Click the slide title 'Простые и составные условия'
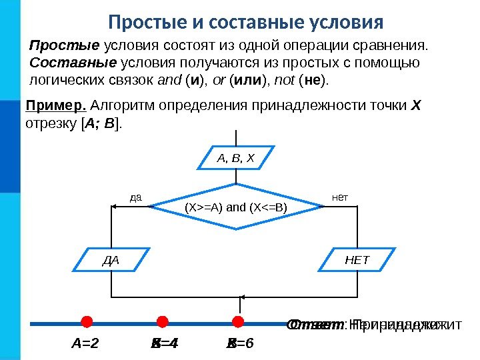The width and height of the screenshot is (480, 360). (x=246, y=22)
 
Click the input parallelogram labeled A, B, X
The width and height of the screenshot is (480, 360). (x=236, y=159)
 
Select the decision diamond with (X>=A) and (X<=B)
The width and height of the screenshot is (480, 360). (x=236, y=207)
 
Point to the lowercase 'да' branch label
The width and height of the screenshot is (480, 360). (x=136, y=197)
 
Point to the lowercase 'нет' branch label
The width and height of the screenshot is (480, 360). (x=340, y=197)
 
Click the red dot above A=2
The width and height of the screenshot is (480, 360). (x=86, y=323)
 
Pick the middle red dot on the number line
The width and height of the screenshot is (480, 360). (x=162, y=323)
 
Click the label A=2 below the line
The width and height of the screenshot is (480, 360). (x=85, y=344)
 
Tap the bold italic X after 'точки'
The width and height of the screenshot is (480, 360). (x=417, y=105)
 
